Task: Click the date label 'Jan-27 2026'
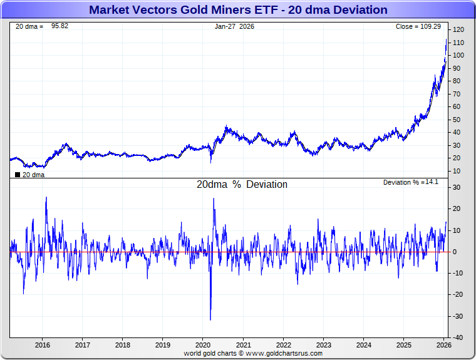point(234,27)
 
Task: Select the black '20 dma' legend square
point(18,175)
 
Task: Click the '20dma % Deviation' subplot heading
point(242,185)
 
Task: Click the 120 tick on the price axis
point(458,30)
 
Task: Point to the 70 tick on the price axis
point(457,94)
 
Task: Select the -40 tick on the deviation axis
point(458,337)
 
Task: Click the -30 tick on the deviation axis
point(458,316)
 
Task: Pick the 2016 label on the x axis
point(43,345)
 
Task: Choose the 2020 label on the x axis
point(203,345)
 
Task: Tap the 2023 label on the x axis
point(323,345)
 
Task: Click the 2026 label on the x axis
point(443,345)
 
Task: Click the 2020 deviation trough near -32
point(210,319)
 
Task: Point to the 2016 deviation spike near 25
point(46,198)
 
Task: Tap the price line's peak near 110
point(446,39)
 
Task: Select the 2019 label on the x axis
point(163,345)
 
